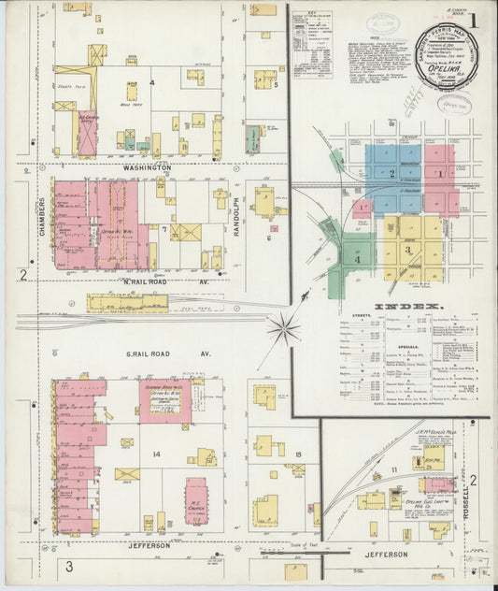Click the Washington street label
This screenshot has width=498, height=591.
point(147,168)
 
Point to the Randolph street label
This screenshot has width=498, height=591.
point(237,216)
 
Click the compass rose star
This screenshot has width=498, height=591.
point(283,328)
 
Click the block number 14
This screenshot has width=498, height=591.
point(158,454)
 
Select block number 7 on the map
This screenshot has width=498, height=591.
point(164,228)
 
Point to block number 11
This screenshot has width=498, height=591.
point(394,468)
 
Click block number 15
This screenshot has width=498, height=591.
point(297,454)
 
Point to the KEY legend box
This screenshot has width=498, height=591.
point(312,43)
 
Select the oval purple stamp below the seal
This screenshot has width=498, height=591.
point(454,103)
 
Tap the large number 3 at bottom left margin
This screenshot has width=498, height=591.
point(68,567)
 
